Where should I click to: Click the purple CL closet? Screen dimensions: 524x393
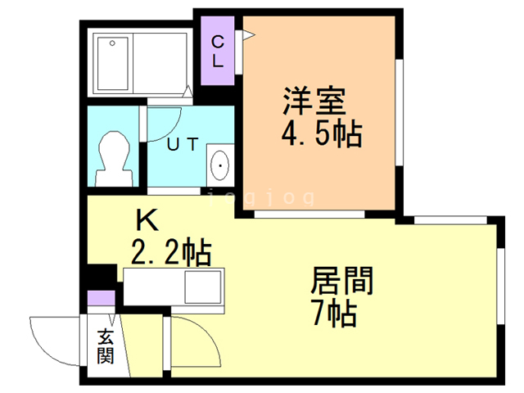(x=217, y=51)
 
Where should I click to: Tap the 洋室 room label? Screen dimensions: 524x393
(x=314, y=101)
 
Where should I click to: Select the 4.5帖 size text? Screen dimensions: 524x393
(x=322, y=133)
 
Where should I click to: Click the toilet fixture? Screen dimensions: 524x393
(x=114, y=159)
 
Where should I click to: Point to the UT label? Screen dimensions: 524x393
(x=183, y=144)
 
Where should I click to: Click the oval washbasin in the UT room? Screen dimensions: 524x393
(x=220, y=165)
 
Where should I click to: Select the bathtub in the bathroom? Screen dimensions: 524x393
(x=113, y=64)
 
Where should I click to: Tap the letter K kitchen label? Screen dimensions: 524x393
(x=147, y=219)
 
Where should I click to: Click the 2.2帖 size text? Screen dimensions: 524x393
(x=171, y=251)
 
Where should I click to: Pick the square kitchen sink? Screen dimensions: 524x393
(x=203, y=287)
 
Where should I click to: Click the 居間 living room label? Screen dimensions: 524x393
(x=342, y=281)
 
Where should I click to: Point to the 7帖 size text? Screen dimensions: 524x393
(x=335, y=313)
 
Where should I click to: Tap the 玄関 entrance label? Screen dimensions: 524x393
(x=106, y=346)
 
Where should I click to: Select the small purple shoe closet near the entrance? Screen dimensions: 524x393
(x=102, y=298)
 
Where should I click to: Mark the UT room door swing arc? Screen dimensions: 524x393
(x=172, y=129)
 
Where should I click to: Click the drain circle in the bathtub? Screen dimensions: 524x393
(x=112, y=43)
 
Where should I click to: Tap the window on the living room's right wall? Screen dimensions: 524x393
(x=500, y=286)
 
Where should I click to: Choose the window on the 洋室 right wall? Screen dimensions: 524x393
(x=400, y=112)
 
